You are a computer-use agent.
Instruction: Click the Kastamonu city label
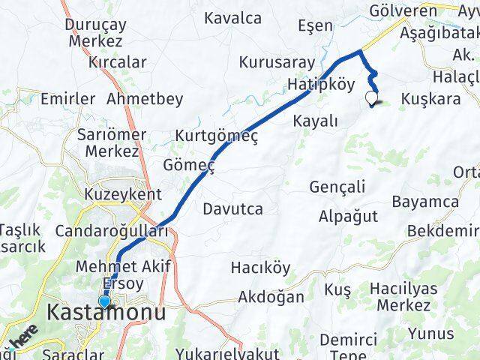click(106, 313)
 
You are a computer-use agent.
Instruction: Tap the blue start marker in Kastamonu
click(104, 302)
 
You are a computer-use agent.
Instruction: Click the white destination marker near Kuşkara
click(370, 97)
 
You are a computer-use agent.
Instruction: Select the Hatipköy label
click(321, 85)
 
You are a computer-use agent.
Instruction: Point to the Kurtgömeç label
click(217, 136)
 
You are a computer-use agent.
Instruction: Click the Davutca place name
click(232, 209)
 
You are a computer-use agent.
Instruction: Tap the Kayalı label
click(316, 121)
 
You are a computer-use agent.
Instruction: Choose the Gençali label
click(337, 187)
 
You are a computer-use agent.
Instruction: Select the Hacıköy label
click(260, 268)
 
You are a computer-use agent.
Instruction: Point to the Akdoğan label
click(271, 297)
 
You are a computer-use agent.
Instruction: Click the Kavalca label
click(232, 17)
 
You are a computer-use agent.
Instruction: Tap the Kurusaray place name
click(271, 61)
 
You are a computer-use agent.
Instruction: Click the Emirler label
click(68, 99)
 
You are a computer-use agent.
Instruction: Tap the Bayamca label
click(425, 202)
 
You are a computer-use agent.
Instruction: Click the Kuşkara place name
click(431, 99)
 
